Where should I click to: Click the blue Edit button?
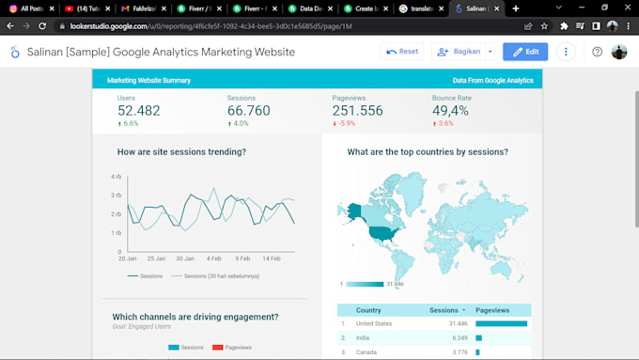525,52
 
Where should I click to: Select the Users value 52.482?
139,111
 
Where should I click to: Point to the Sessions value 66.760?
248,111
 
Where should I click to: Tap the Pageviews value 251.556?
357,111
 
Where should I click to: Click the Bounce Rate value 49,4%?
450,111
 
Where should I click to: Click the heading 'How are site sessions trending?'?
181,151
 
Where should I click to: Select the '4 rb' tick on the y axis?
117,177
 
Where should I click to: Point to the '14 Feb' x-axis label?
272,258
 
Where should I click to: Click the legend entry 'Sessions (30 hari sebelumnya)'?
222,276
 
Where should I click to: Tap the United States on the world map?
381,231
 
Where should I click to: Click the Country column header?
368,309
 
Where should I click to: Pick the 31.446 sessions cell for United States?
442,323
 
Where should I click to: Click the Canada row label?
367,352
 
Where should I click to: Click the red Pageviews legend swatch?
218,348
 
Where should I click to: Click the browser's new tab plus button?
515,8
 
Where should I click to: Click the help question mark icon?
597,52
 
